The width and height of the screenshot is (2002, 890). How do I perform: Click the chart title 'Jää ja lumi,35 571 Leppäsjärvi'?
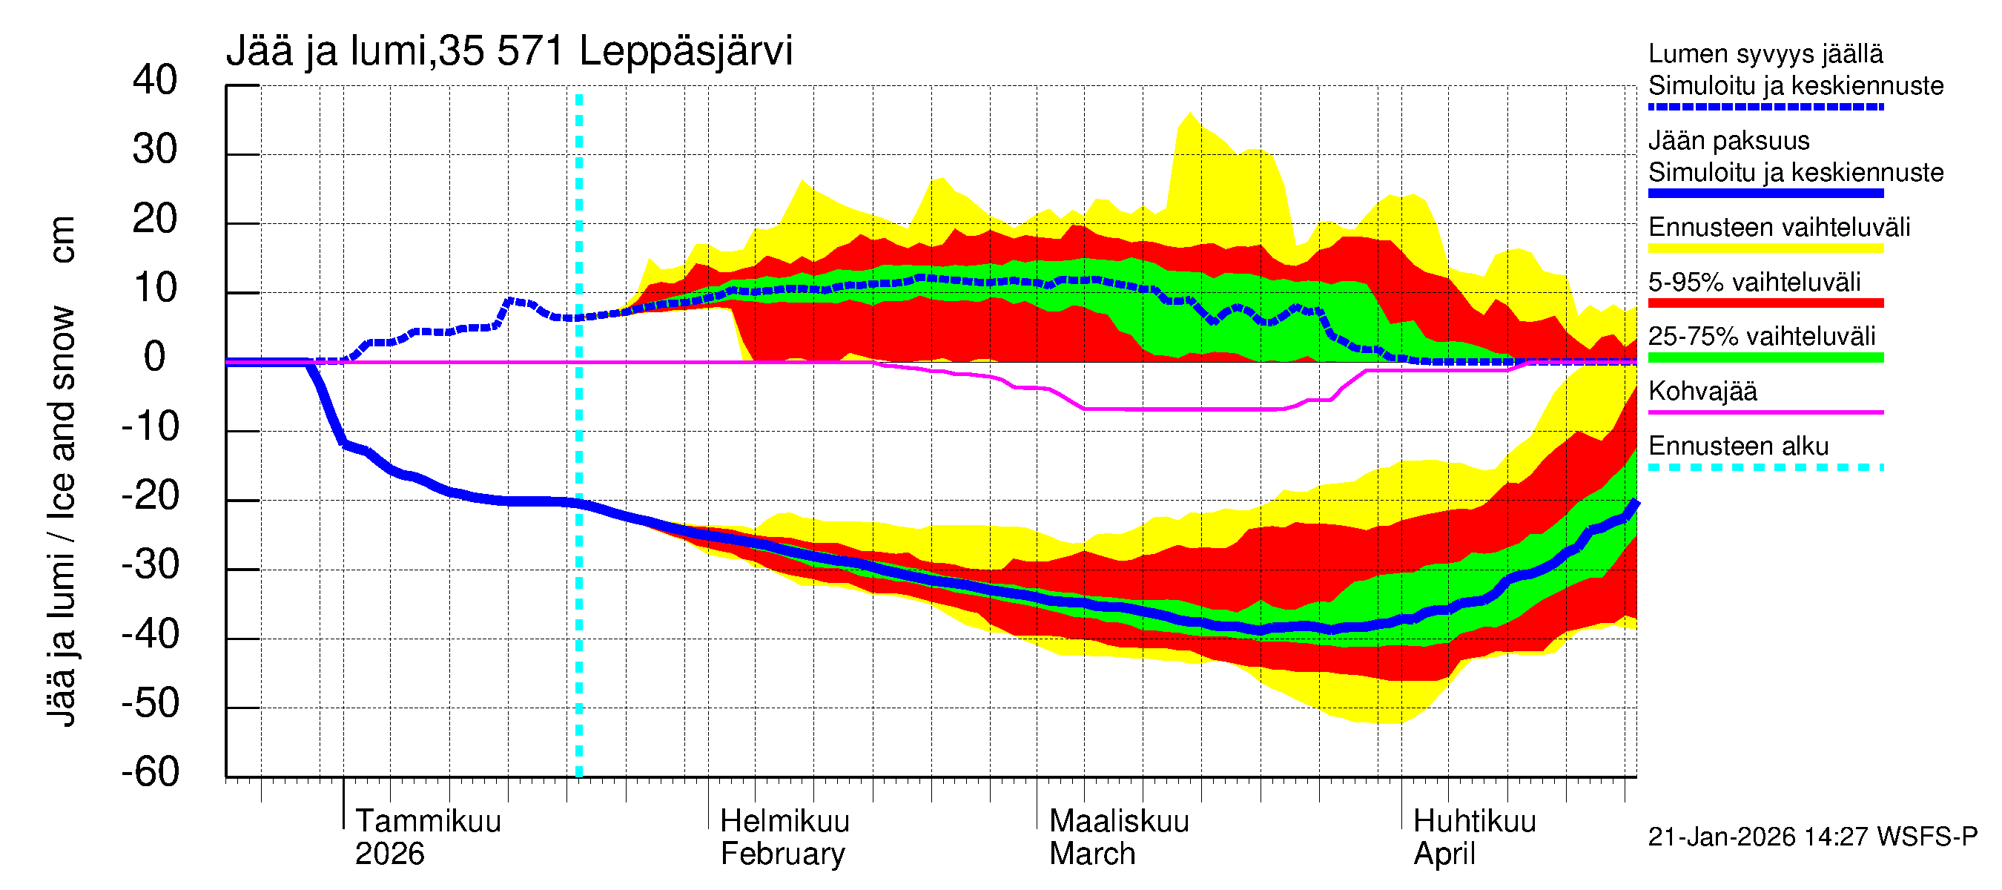509,51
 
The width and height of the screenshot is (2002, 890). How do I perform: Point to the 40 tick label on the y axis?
155,81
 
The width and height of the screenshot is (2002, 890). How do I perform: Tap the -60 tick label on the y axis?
151,773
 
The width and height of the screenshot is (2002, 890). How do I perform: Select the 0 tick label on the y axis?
155,357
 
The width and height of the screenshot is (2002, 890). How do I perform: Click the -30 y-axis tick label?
151,565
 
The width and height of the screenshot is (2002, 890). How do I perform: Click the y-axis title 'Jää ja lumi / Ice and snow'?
62,517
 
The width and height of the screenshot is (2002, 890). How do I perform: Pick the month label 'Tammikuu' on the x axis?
429,822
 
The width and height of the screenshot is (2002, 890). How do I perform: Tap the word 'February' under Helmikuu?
782,854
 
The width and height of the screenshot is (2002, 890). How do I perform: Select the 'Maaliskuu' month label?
1118,822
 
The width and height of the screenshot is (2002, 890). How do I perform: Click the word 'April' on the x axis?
1443,854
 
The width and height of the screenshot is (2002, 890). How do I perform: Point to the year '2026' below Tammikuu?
389,854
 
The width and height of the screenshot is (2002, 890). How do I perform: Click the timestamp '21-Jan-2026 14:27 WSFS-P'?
1811,837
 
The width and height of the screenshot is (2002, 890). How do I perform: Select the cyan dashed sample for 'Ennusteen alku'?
1765,468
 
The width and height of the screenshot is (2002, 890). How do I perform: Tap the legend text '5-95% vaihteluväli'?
1754,282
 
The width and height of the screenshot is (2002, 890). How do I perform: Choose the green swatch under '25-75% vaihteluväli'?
1765,358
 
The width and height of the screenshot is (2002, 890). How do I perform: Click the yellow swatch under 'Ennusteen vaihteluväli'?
1765,248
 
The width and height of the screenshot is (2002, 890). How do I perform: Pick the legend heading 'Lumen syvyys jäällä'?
1765,54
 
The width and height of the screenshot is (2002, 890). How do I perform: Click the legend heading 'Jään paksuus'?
1728,141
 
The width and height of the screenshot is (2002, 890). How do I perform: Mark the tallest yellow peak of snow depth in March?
1189,113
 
